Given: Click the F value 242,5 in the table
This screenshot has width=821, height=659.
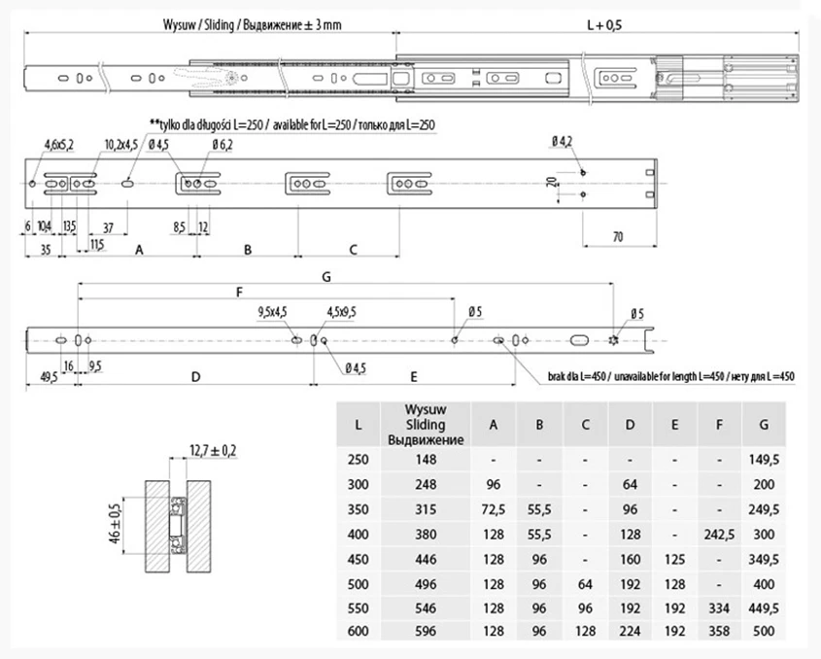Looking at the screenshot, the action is pos(719,535).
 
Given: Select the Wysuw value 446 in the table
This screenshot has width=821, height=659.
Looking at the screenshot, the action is pos(426,560).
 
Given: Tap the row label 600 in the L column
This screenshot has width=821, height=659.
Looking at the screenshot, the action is pos(359,631).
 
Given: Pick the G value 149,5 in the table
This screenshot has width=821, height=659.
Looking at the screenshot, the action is pos(764,460).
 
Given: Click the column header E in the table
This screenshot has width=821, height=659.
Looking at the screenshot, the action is pos(674,425).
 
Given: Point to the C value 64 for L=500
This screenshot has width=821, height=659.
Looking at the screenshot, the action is pos(585,584).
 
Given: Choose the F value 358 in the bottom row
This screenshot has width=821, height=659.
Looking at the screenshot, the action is pos(719,631).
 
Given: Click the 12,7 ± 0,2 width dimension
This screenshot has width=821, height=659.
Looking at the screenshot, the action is pos(213,450).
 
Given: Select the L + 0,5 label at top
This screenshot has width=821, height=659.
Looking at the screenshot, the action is pos(604,25).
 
